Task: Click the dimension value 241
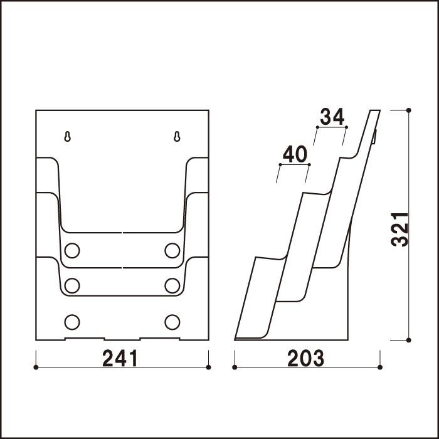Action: [120, 358]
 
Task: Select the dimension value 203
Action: [306, 358]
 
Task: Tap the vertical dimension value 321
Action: [400, 230]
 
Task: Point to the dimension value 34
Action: [332, 117]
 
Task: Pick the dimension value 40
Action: [295, 154]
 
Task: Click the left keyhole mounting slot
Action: [68, 137]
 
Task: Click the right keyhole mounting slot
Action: [177, 137]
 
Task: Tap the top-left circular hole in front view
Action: [72, 251]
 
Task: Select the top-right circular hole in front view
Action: [172, 251]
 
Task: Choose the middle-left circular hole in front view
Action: [72, 286]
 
